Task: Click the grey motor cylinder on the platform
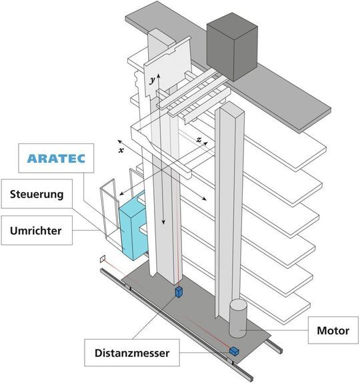click(x=238, y=318)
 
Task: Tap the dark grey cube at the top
click(x=231, y=43)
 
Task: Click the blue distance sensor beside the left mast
click(x=178, y=292)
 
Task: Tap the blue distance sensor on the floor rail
click(x=234, y=350)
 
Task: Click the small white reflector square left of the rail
click(x=102, y=258)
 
